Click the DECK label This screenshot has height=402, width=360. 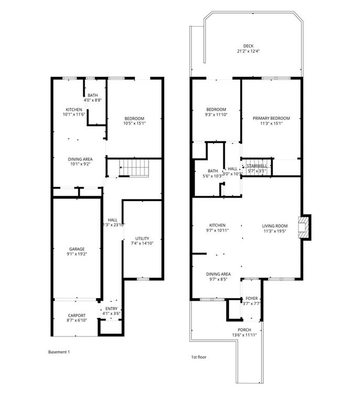tap(248, 46)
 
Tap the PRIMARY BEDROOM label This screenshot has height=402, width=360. tap(271, 118)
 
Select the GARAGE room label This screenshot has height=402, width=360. tap(77, 249)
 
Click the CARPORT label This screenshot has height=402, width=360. tap(77, 315)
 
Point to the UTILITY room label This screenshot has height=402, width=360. tap(142, 238)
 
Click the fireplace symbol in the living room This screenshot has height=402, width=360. tap(303, 226)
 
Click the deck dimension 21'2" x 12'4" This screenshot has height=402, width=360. tap(248, 51)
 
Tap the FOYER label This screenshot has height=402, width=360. tap(252, 298)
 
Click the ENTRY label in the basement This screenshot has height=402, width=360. tap(111, 308)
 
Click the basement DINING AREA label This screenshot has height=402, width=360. tap(80, 159)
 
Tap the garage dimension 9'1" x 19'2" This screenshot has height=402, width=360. tap(77, 254)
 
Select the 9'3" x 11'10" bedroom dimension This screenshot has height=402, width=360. tap(215, 115)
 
